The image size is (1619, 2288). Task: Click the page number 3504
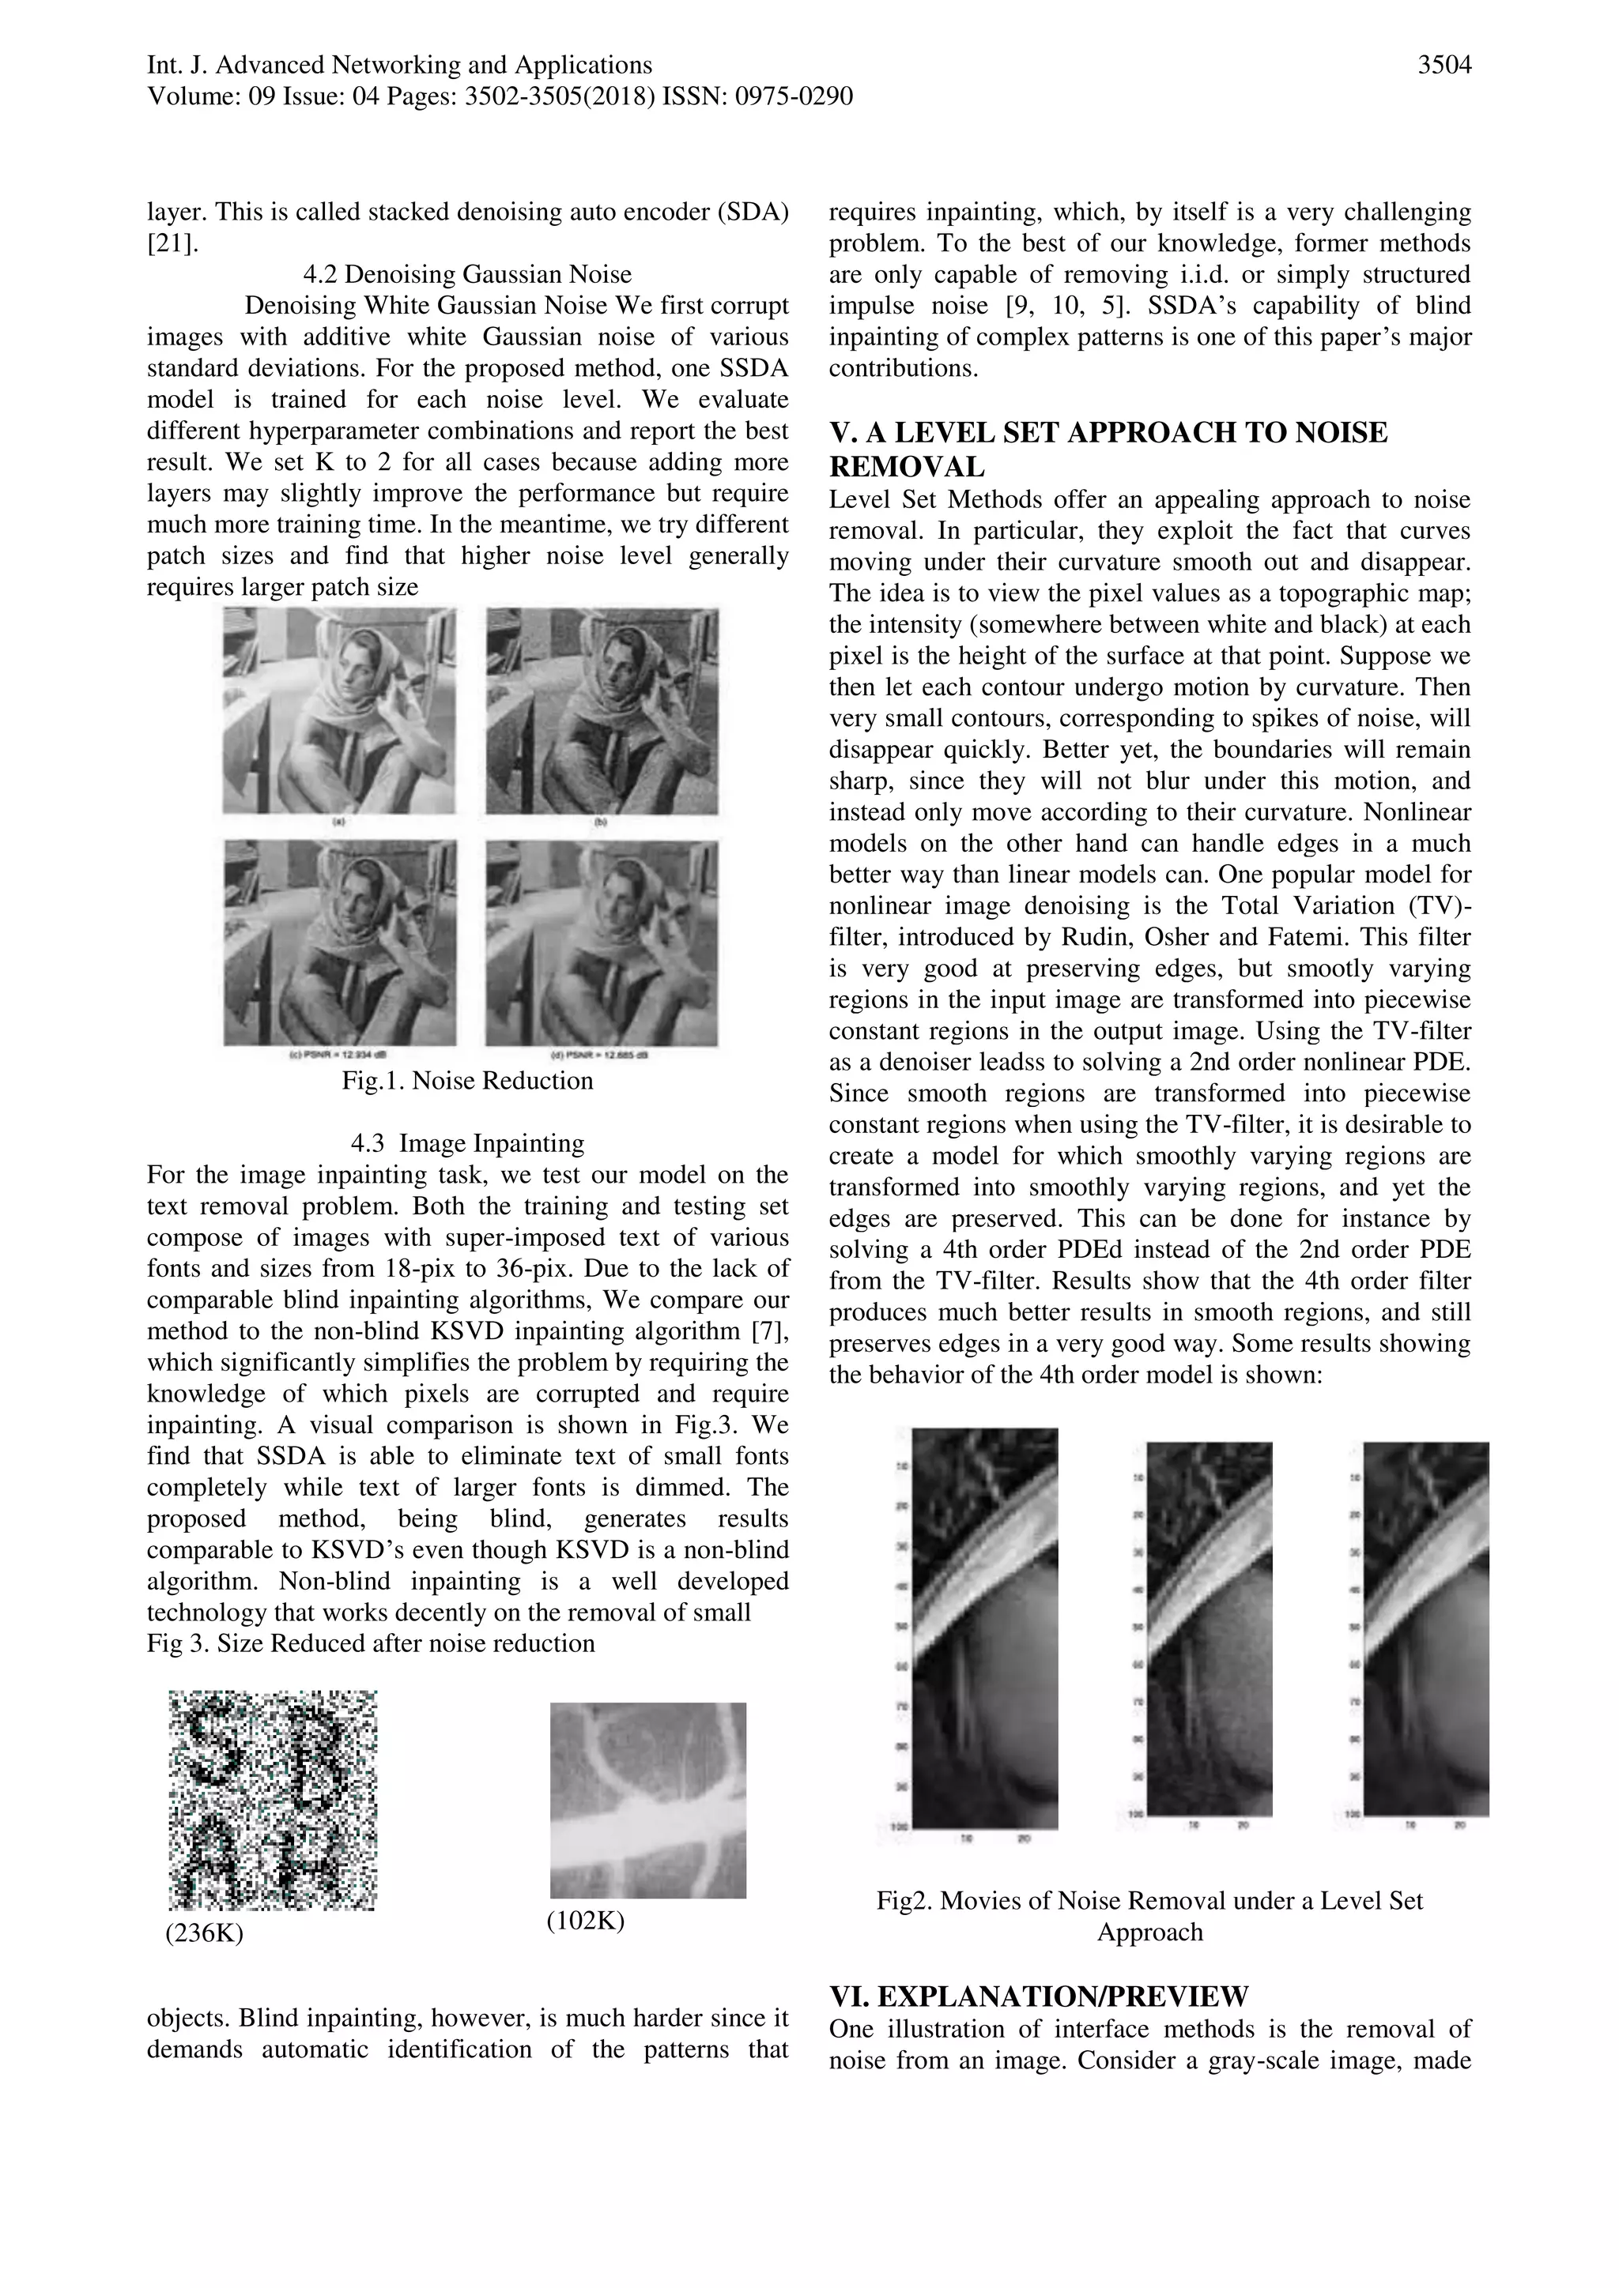click(x=1444, y=66)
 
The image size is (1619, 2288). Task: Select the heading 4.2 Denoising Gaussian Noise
click(x=466, y=274)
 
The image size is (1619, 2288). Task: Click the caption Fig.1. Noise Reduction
click(x=466, y=1082)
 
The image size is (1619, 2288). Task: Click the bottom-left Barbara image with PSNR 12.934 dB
click(x=339, y=941)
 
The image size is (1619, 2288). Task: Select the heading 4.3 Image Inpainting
click(x=466, y=1143)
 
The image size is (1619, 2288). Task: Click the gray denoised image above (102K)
click(x=648, y=1800)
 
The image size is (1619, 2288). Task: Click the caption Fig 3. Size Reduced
click(x=370, y=1643)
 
